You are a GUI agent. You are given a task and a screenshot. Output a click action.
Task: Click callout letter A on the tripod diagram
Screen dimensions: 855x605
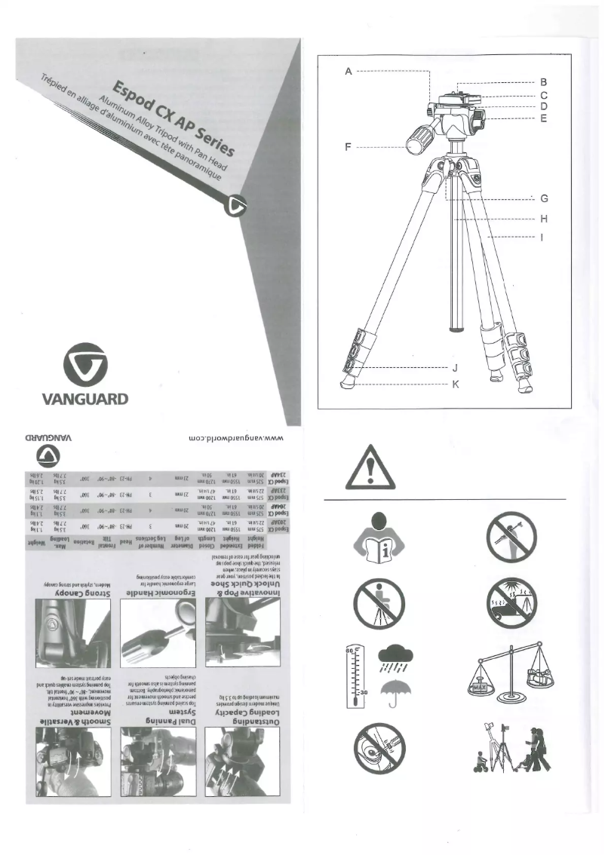coord(348,71)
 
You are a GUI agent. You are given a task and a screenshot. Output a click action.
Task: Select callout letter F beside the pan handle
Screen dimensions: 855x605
coord(348,146)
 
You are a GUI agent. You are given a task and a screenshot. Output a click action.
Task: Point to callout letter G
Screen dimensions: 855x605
coord(543,199)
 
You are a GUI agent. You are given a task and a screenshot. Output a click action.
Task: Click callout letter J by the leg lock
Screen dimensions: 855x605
coord(454,369)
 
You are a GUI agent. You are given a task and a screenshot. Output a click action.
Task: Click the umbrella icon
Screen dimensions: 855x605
coord(393,691)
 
